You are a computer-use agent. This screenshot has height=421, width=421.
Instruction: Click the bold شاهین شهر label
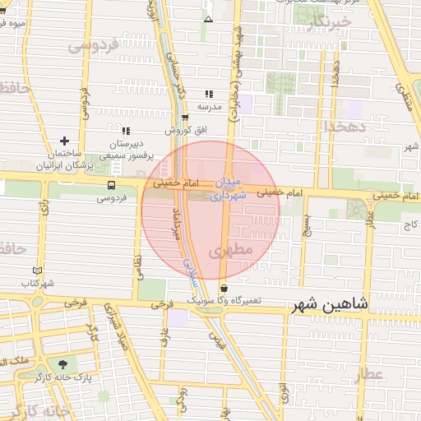331,306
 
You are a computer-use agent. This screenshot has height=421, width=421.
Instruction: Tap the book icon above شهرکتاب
36,271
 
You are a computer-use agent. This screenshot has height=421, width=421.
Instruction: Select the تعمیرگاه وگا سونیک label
224,301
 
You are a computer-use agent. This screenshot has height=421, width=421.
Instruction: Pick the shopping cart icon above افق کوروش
186,118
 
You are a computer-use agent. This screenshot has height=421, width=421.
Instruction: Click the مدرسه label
209,106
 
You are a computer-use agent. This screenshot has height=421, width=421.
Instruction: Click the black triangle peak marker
209,18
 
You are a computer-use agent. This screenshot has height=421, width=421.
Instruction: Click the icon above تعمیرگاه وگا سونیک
224,288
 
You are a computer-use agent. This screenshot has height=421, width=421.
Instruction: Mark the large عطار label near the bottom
369,375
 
